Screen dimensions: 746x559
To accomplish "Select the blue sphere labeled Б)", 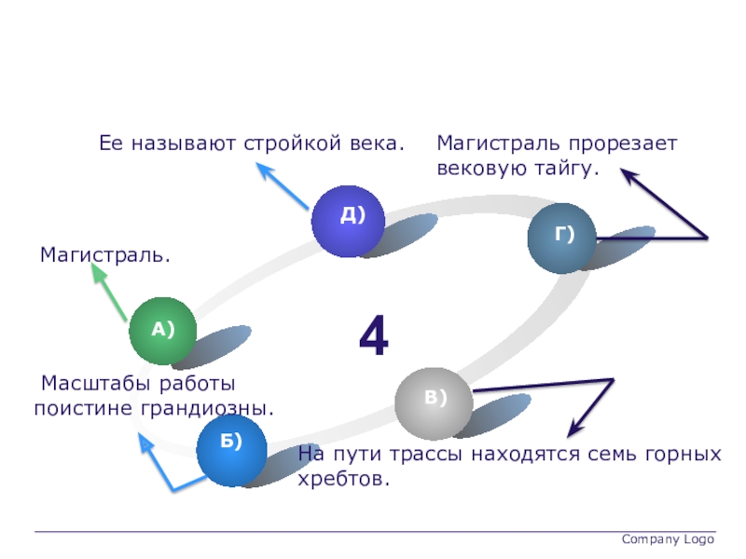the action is coord(232,451).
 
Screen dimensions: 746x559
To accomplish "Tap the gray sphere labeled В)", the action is coord(429,402).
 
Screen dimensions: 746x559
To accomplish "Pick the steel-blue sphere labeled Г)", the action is coord(562,239).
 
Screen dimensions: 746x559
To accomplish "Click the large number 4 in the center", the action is coord(374,337).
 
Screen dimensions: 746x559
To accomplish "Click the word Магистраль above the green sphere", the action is coord(104,253).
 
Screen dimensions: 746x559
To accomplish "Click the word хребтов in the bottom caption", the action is coord(340,480).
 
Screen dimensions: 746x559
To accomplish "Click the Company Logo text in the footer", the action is coord(667,539).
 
